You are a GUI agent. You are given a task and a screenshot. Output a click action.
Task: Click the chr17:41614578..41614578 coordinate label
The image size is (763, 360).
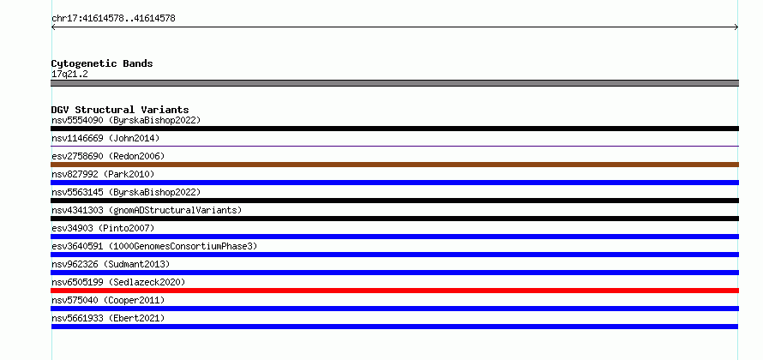(113, 19)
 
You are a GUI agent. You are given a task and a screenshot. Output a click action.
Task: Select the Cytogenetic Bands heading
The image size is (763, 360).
(102, 63)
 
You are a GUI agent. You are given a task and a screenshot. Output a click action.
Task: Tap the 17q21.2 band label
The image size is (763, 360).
(69, 75)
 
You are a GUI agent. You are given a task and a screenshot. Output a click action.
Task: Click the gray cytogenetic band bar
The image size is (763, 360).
(394, 83)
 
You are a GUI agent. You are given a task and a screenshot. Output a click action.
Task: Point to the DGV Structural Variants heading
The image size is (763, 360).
(120, 110)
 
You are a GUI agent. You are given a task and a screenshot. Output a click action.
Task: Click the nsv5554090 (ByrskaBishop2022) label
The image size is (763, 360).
(126, 120)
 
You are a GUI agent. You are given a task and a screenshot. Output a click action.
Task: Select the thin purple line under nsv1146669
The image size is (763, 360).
(394, 146)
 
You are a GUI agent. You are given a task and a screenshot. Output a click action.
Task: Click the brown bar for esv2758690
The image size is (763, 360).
(394, 165)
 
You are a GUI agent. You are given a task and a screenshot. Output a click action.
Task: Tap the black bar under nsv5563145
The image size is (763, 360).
(394, 201)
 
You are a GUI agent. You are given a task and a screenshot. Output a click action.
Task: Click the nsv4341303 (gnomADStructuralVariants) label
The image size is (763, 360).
(147, 210)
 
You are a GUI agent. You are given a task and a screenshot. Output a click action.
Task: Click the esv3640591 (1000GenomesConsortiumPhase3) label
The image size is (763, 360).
(154, 246)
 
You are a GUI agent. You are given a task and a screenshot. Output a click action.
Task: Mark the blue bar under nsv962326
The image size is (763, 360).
(394, 273)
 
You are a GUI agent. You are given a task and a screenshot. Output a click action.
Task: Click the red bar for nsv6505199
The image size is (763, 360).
(394, 291)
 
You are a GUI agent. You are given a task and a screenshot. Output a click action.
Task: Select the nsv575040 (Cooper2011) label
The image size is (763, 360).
(108, 300)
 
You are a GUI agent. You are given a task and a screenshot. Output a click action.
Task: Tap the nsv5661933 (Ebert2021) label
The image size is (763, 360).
(108, 318)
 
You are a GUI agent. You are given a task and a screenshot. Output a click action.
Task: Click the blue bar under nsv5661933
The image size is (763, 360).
(394, 327)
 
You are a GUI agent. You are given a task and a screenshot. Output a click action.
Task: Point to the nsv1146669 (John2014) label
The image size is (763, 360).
(105, 138)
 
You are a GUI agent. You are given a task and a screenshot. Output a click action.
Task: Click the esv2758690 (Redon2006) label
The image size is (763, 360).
(108, 156)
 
